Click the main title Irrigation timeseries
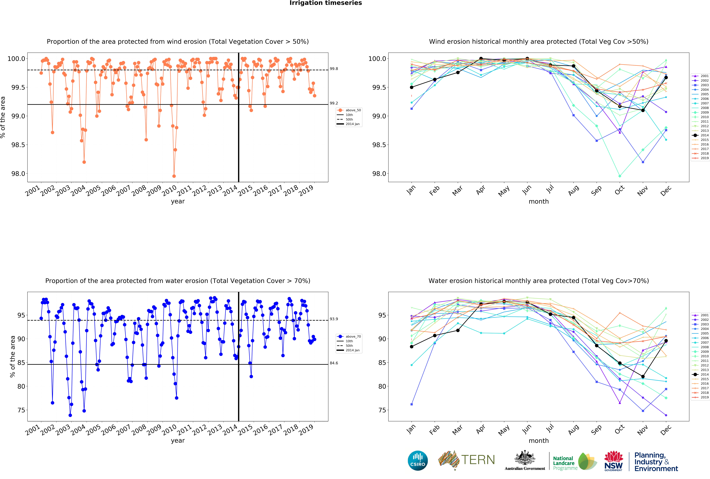click(x=326, y=3)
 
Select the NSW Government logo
click(x=613, y=461)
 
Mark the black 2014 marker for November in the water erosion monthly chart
click(x=643, y=376)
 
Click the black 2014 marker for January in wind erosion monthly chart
click(x=412, y=87)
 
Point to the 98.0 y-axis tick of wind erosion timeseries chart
click(x=18, y=174)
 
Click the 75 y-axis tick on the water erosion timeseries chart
click(x=21, y=410)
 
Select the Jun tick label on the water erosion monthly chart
click(x=526, y=429)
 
